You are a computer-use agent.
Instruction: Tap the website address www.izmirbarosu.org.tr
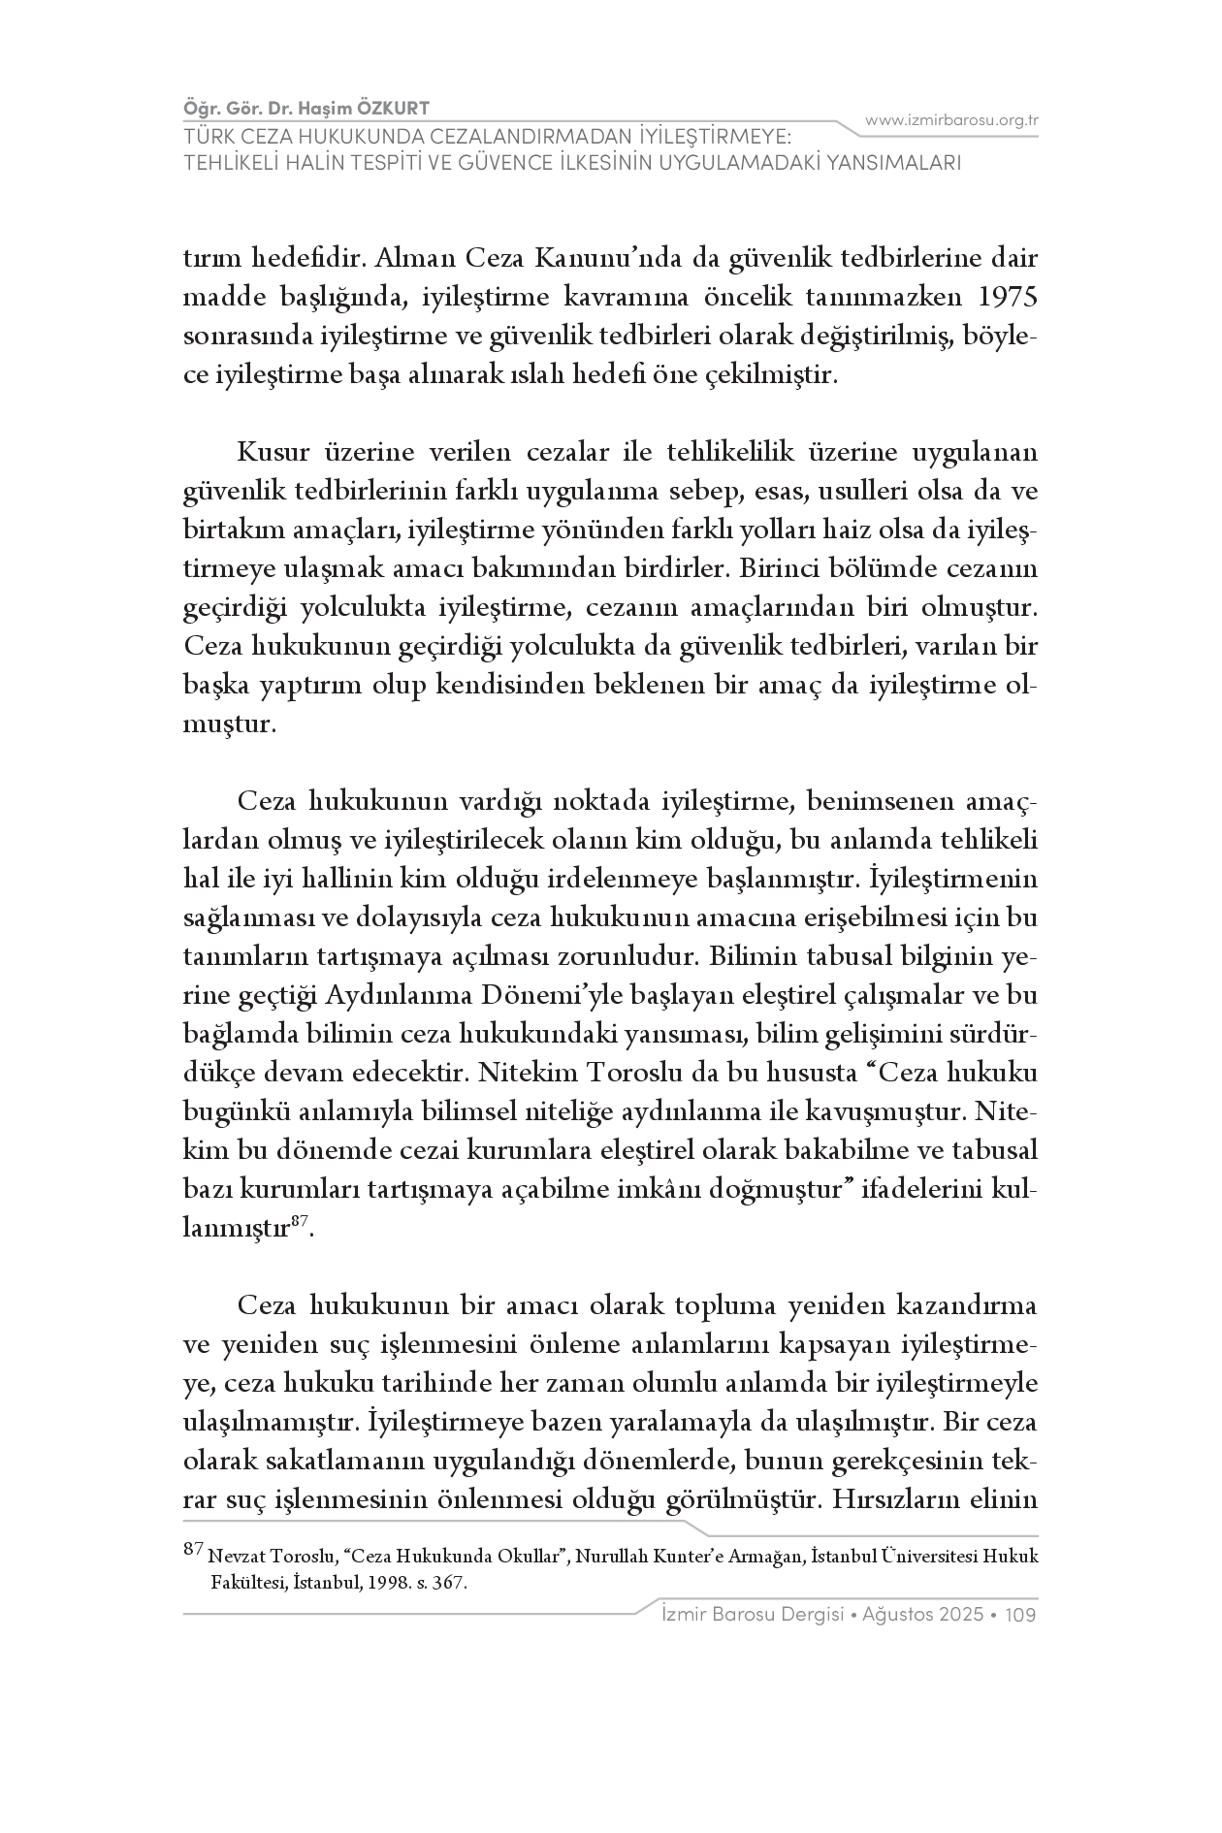click(x=951, y=120)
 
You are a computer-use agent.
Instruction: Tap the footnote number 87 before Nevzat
click(x=193, y=1550)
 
